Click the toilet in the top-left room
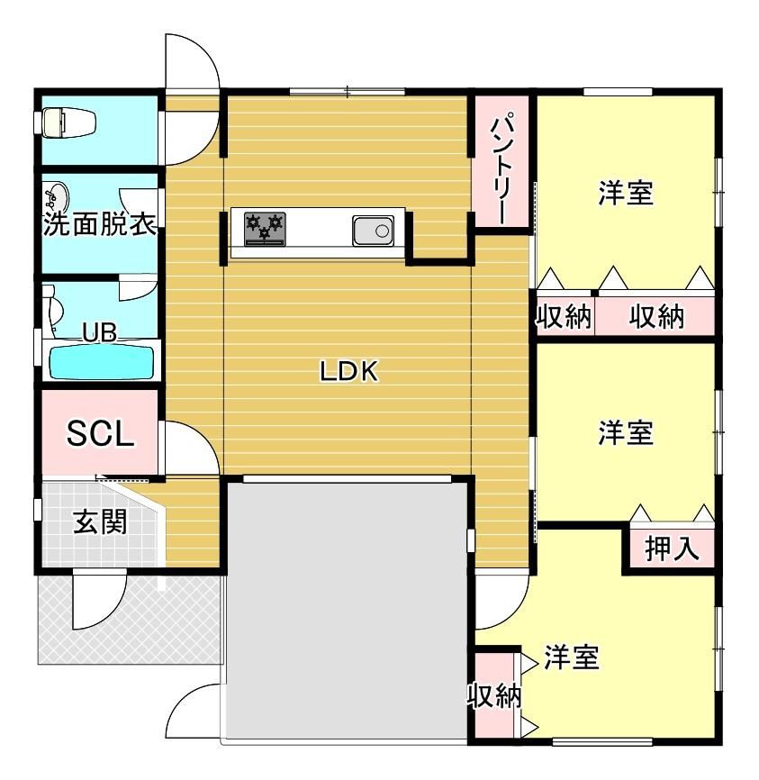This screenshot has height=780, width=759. tap(68, 122)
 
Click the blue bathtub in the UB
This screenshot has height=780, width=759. tap(99, 362)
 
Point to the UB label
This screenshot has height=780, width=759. tap(99, 332)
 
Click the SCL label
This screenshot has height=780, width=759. tap(101, 435)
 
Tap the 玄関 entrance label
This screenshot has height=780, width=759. tap(100, 522)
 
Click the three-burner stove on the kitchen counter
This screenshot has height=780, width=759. tap(265, 229)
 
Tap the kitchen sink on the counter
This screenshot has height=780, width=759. tap(373, 231)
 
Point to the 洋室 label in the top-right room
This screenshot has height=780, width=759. tap(625, 193)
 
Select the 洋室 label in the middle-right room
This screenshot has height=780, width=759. tap(625, 433)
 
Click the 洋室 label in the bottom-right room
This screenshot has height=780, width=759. tap(571, 658)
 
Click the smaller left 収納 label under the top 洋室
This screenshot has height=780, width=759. tap(564, 316)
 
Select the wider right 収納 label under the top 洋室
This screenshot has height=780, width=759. tap(656, 316)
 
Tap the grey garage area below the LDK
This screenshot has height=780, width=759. tap(347, 612)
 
